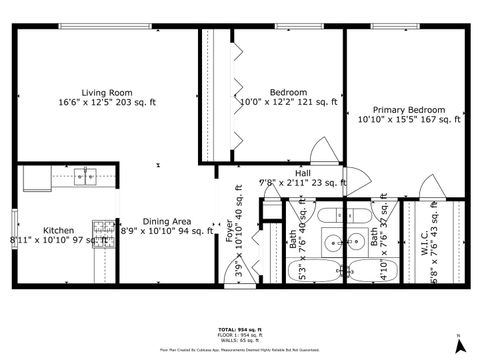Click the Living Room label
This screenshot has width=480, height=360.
pos(108,91)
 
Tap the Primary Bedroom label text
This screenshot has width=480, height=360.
pos(408,109)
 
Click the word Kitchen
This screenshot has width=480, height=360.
pos(58,229)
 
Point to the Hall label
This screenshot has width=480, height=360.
pos(303,173)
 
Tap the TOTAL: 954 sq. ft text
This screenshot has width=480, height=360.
pos(239,329)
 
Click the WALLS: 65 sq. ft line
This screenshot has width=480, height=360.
pos(239,341)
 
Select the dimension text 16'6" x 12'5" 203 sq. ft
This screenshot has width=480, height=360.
pos(108,102)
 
